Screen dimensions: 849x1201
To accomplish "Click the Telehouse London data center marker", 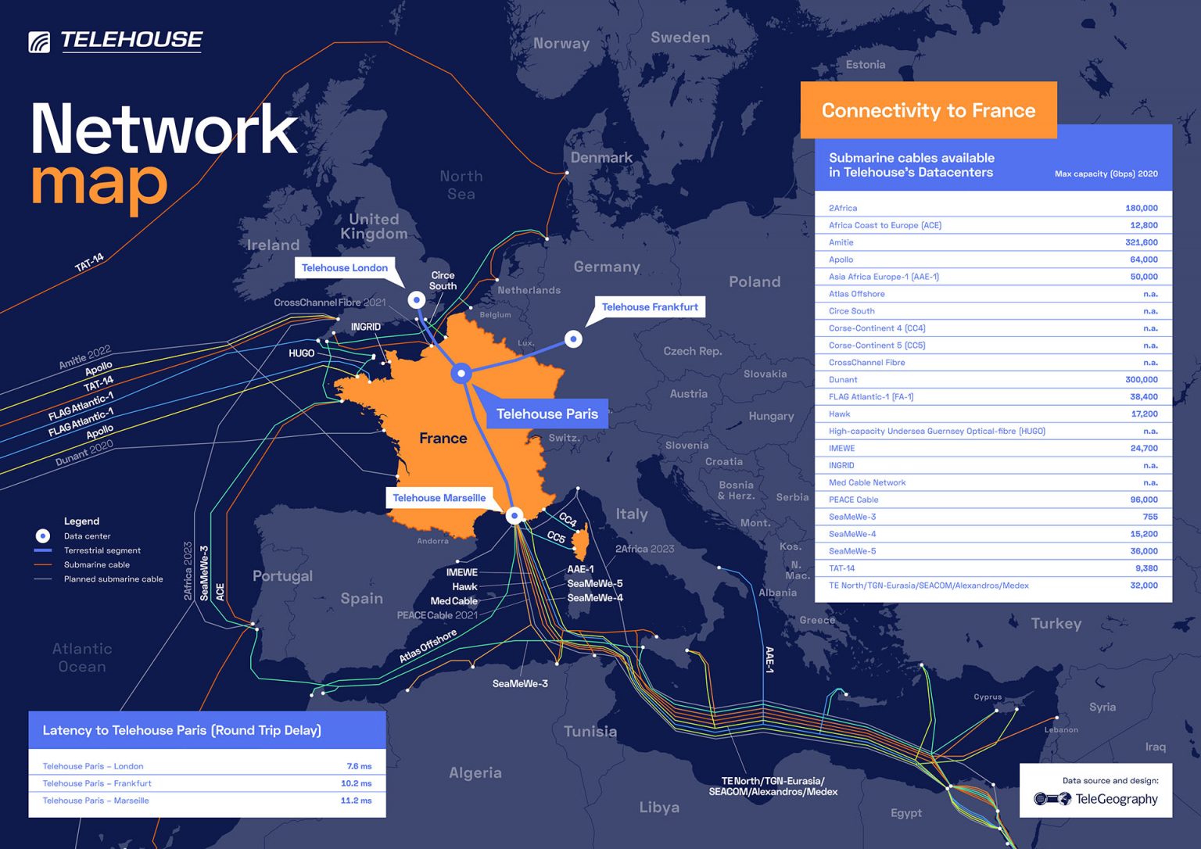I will coord(417,299).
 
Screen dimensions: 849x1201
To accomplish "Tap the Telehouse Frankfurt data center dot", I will coord(573,339).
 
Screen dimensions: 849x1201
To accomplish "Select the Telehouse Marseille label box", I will coord(439,498).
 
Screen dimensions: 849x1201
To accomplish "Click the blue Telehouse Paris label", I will coord(547,414).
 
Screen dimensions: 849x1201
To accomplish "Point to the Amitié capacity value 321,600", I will coord(1141,242).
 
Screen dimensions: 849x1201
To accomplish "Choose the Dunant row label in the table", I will coord(843,380).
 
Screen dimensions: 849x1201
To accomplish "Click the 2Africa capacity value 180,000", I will coord(1141,208).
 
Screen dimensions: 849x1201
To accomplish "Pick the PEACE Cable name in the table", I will coord(853,500).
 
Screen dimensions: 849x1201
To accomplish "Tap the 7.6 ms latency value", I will coord(359,766).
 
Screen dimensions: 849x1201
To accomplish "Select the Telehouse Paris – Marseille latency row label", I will coord(95,801).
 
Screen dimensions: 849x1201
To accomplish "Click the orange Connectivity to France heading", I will coord(928,110).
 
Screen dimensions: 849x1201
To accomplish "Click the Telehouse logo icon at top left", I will coord(39,41).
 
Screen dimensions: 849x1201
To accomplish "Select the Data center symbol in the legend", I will coord(43,536).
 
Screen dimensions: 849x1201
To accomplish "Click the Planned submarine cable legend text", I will coord(113,579).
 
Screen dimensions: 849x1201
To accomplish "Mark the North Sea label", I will coord(461,184).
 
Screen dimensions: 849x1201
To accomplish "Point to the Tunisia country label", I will coord(590,731).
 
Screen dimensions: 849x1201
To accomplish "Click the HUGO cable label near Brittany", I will coord(301,353).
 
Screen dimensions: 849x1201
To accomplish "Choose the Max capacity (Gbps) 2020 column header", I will coord(1106,174).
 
